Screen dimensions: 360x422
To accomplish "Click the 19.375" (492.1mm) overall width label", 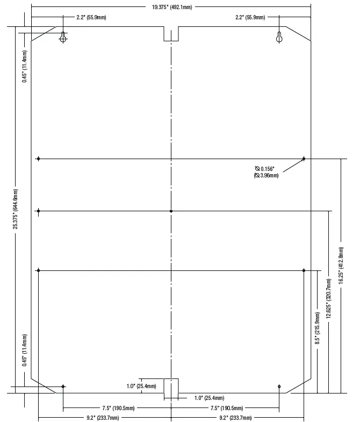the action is click(172, 7).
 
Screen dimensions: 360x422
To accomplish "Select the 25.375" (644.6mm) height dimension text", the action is click(16, 209).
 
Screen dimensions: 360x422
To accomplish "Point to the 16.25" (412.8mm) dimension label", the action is click(341, 266).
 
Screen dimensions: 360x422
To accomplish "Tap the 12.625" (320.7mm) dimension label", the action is click(328, 298).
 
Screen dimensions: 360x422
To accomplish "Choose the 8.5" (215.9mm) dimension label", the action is click(318, 328).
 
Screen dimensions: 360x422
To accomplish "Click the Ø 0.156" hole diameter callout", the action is click(265, 169).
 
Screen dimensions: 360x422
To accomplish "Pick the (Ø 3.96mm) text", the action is click(266, 175).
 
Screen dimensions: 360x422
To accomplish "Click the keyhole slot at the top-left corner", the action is click(63, 37).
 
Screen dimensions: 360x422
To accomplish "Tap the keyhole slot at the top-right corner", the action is click(279, 37).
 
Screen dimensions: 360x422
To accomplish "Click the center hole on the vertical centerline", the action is click(171, 211).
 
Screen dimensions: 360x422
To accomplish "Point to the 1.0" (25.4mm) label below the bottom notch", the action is click(210, 398).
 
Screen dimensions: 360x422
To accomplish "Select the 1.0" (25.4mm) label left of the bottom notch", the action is click(141, 386).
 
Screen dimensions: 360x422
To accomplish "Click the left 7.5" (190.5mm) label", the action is click(118, 408).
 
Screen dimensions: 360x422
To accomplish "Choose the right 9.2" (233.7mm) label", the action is click(235, 418).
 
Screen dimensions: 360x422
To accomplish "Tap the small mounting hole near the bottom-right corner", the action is click(279, 387).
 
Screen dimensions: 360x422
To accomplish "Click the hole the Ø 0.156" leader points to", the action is click(304, 159).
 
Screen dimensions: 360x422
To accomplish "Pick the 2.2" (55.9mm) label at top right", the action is click(250, 18).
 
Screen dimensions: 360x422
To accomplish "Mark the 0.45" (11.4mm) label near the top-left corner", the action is click(25, 66).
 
